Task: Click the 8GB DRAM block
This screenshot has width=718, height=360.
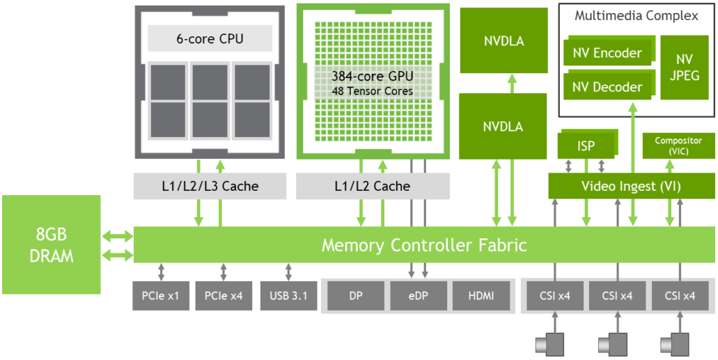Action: pyautogui.click(x=51, y=244)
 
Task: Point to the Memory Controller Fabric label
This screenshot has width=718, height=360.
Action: pyautogui.click(x=424, y=245)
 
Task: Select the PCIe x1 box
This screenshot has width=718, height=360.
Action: pyautogui.click(x=161, y=296)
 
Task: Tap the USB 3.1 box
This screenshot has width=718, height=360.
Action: pyautogui.click(x=288, y=296)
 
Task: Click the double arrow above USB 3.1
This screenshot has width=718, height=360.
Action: pyautogui.click(x=288, y=272)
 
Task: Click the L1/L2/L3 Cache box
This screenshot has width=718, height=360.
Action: pyautogui.click(x=210, y=186)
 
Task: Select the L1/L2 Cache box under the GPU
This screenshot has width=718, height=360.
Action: pyautogui.click(x=373, y=186)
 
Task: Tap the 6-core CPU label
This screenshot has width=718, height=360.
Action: pyautogui.click(x=210, y=38)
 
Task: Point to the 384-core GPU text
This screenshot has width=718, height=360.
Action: pyautogui.click(x=373, y=76)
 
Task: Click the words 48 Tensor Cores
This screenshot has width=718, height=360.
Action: pyautogui.click(x=373, y=91)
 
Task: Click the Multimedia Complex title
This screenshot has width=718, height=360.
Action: pyautogui.click(x=637, y=16)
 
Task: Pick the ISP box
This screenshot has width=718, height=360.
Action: pyautogui.click(x=586, y=145)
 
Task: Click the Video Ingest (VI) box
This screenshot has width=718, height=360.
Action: pyautogui.click(x=632, y=186)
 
